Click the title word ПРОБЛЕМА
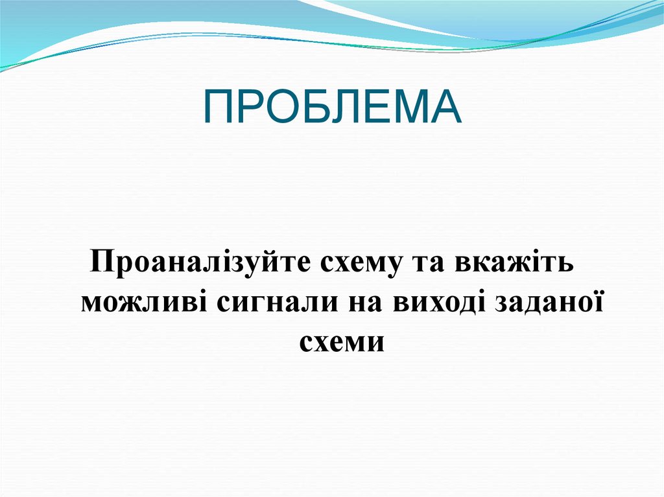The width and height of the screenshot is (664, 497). coord(332,107)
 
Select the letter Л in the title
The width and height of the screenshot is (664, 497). coord(344,107)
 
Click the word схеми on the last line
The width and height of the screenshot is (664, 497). coord(342,341)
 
